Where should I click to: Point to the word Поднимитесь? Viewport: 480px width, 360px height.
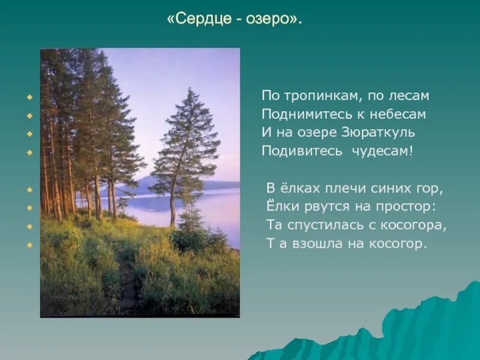(x=303, y=114)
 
